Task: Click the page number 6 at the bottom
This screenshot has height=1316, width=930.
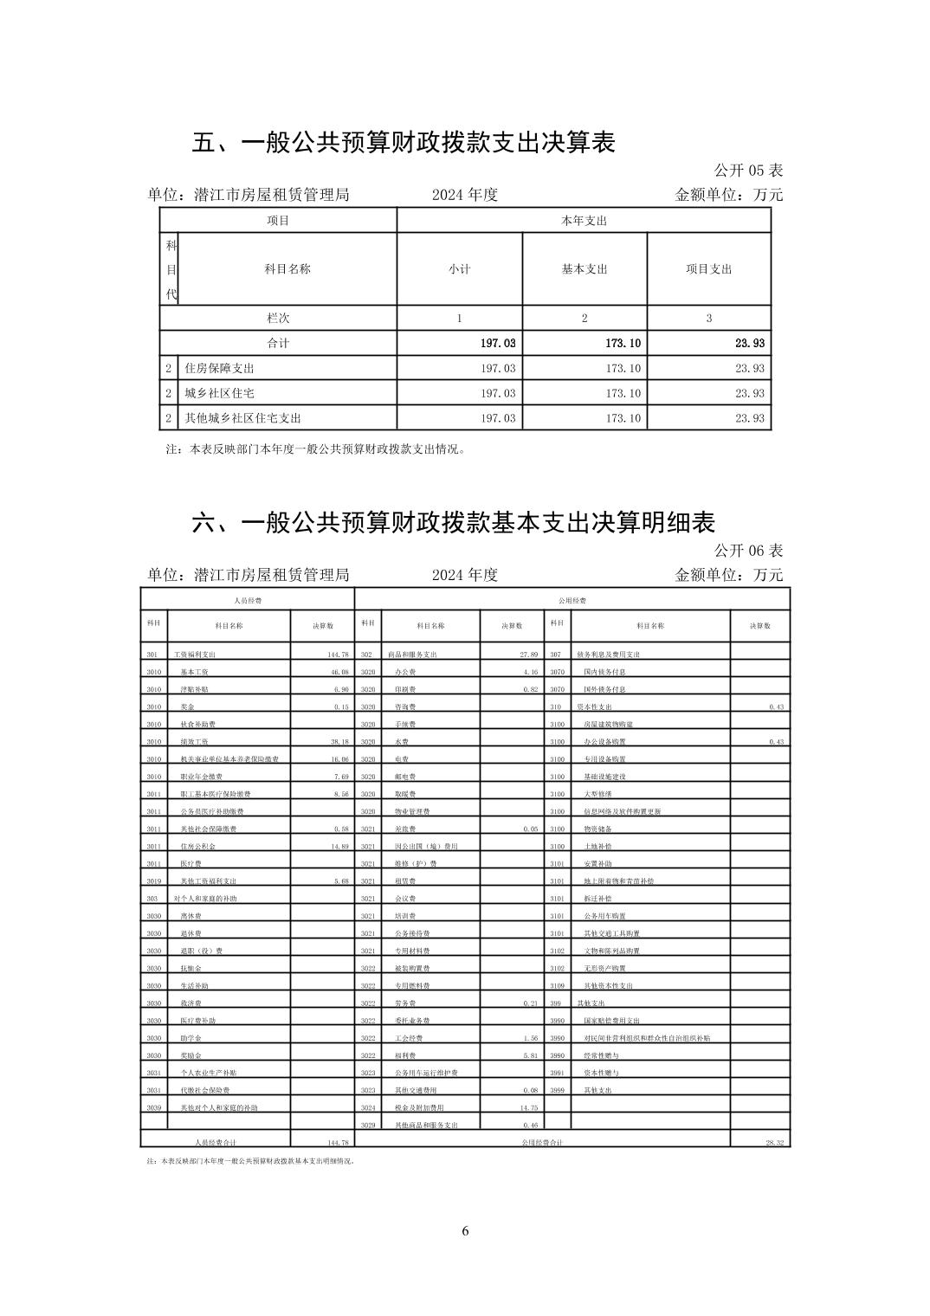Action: [x=465, y=1231]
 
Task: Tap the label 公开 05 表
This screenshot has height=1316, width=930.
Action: [x=748, y=171]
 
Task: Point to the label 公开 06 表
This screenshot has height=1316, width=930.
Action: [x=748, y=551]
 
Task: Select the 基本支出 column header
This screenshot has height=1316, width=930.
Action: [x=584, y=269]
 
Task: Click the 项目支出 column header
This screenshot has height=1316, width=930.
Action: [x=708, y=269]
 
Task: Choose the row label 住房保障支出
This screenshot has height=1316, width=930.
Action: [x=219, y=369]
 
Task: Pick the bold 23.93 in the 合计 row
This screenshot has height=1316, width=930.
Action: [x=749, y=344]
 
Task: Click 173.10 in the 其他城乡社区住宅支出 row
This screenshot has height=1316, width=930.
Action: [x=623, y=419]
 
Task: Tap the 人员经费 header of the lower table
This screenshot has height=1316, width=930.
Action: [x=248, y=600]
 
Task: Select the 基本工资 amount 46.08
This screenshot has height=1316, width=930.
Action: [x=339, y=673]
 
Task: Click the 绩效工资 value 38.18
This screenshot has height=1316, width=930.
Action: [x=339, y=742]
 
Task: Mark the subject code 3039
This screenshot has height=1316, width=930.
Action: [x=153, y=1108]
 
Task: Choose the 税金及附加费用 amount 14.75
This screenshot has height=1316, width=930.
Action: [x=528, y=1108]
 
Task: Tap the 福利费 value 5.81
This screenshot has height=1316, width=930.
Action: [x=531, y=1056]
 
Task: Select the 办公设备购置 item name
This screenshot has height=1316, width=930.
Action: [x=604, y=742]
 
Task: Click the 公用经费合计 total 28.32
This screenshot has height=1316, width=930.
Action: [x=774, y=1144]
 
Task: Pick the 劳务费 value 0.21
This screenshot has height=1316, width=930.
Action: [x=531, y=1003]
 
